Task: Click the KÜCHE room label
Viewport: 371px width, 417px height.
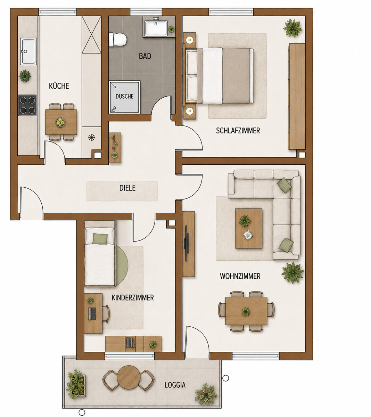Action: click(x=59, y=86)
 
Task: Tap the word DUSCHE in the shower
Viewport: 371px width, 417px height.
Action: click(x=124, y=96)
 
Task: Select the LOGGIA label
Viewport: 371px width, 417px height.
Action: click(x=175, y=385)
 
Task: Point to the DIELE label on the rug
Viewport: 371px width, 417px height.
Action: click(x=127, y=188)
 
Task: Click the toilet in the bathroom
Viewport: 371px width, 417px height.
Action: click(x=117, y=39)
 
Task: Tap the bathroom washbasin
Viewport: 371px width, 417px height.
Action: click(x=156, y=28)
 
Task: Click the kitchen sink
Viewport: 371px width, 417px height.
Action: click(x=28, y=51)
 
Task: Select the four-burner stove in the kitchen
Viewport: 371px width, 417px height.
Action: click(x=27, y=105)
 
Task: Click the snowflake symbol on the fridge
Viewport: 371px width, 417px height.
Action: click(x=92, y=138)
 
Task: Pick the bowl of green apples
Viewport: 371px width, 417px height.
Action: click(x=60, y=122)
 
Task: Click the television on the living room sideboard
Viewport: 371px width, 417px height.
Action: click(x=187, y=243)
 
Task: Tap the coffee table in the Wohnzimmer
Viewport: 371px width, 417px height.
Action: click(x=249, y=228)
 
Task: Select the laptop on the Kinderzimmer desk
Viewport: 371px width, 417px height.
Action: click(x=92, y=313)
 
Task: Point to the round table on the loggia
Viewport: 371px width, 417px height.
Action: click(x=129, y=377)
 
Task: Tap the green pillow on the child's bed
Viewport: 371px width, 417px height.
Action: click(x=100, y=239)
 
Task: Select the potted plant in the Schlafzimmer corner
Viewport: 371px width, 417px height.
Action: click(x=292, y=28)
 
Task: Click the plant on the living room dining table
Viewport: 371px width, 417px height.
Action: click(x=246, y=311)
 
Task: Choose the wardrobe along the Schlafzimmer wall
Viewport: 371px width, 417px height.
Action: click(x=297, y=97)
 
